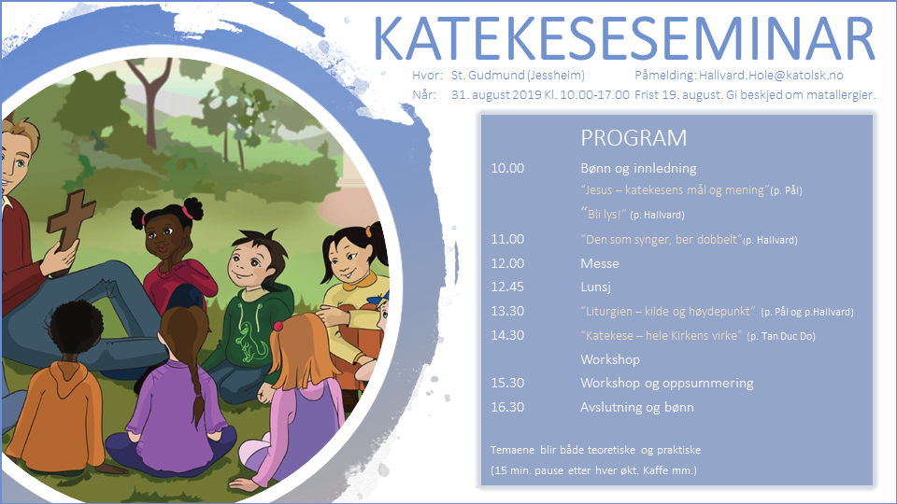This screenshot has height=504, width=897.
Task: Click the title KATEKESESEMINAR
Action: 624,39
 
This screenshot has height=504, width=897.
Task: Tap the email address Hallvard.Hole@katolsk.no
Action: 771,76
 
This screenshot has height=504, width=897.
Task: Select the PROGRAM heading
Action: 634,138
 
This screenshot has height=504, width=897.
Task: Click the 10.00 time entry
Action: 507,168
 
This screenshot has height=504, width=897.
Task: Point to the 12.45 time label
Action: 507,287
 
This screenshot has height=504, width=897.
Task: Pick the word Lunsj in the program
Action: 595,287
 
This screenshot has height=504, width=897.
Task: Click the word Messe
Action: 600,263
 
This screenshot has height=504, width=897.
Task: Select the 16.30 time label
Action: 507,407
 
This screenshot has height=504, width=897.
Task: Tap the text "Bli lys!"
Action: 604,214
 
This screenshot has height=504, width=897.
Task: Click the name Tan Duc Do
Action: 789,336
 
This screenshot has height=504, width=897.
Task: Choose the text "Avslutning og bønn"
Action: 636,408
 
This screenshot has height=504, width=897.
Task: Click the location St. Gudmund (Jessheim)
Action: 518,76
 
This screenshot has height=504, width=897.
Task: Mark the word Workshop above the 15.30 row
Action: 610,359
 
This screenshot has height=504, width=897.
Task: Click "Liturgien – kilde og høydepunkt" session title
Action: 668,312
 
